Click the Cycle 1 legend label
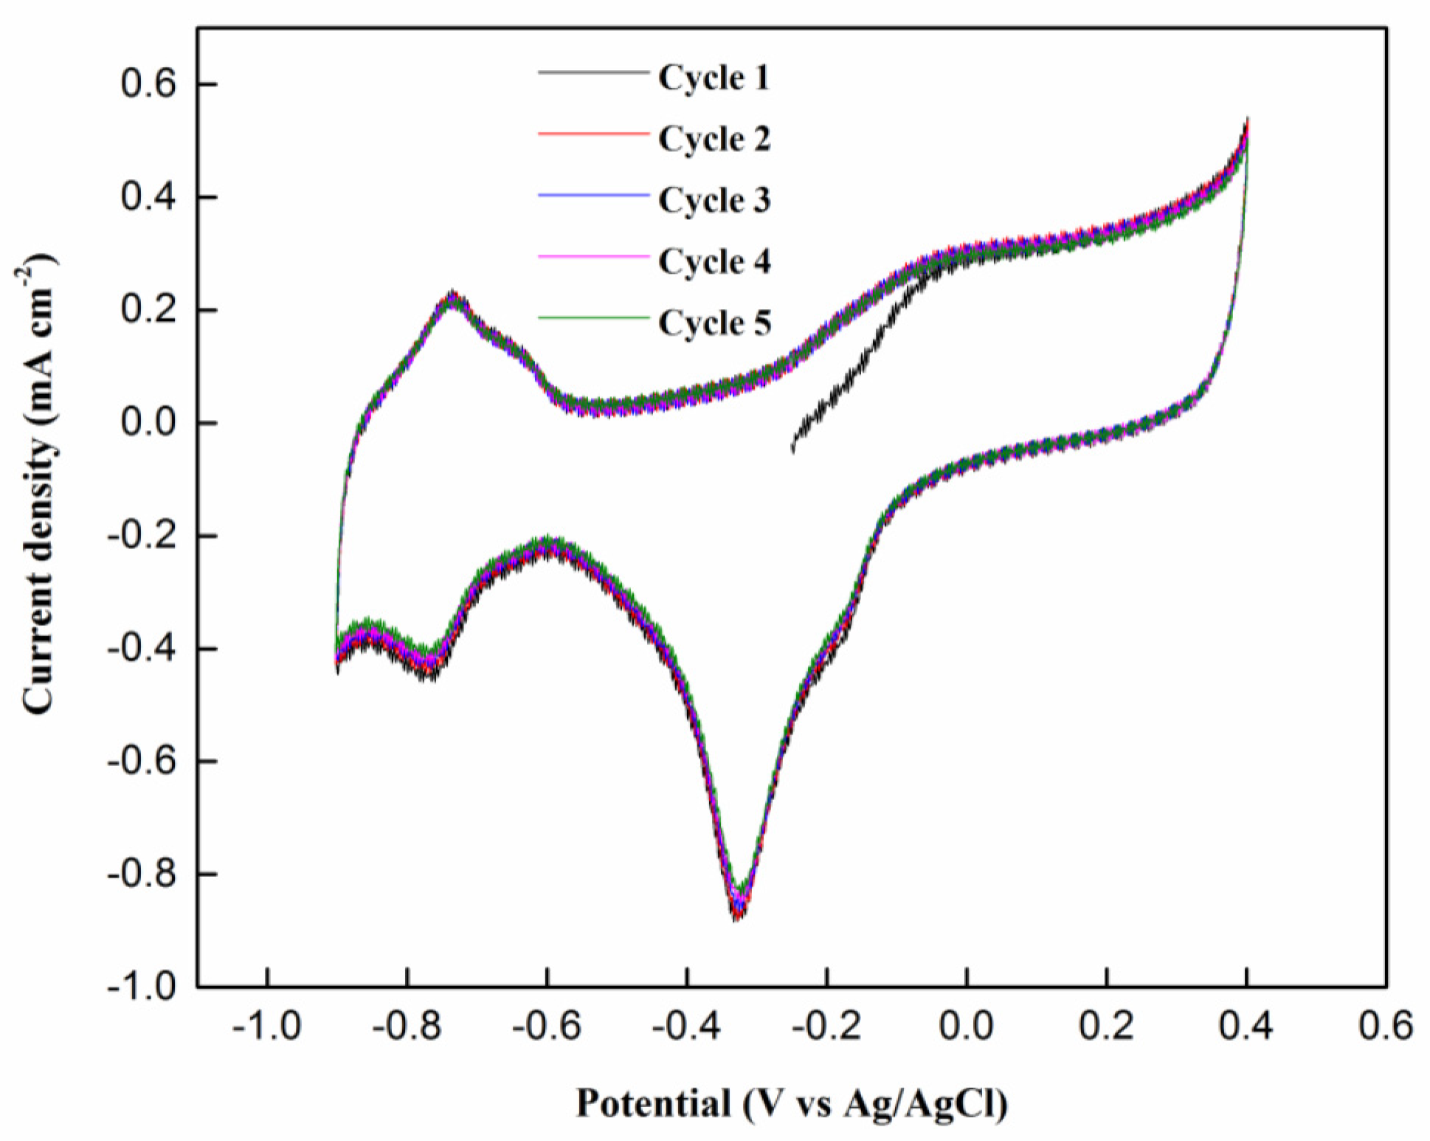pyautogui.click(x=714, y=77)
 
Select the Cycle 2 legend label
pyautogui.click(x=714, y=139)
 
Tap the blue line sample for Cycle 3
pyautogui.click(x=593, y=195)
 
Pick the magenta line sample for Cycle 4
pyautogui.click(x=593, y=256)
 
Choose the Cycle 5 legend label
pyautogui.click(x=714, y=323)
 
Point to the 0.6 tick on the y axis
pyautogui.click(x=149, y=84)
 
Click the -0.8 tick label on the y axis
pyautogui.click(x=142, y=874)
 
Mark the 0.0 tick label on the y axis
pyautogui.click(x=149, y=423)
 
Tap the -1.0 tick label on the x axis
pyautogui.click(x=266, y=1027)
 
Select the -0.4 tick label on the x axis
pyautogui.click(x=686, y=1027)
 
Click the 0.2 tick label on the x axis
pyautogui.click(x=1106, y=1027)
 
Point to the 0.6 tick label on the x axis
pyautogui.click(x=1386, y=1027)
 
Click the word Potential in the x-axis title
pyautogui.click(x=653, y=1104)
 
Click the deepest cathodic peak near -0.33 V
pyautogui.click(x=737, y=915)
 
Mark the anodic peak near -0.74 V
pyautogui.click(x=452, y=294)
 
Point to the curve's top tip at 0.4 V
pyautogui.click(x=1247, y=120)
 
